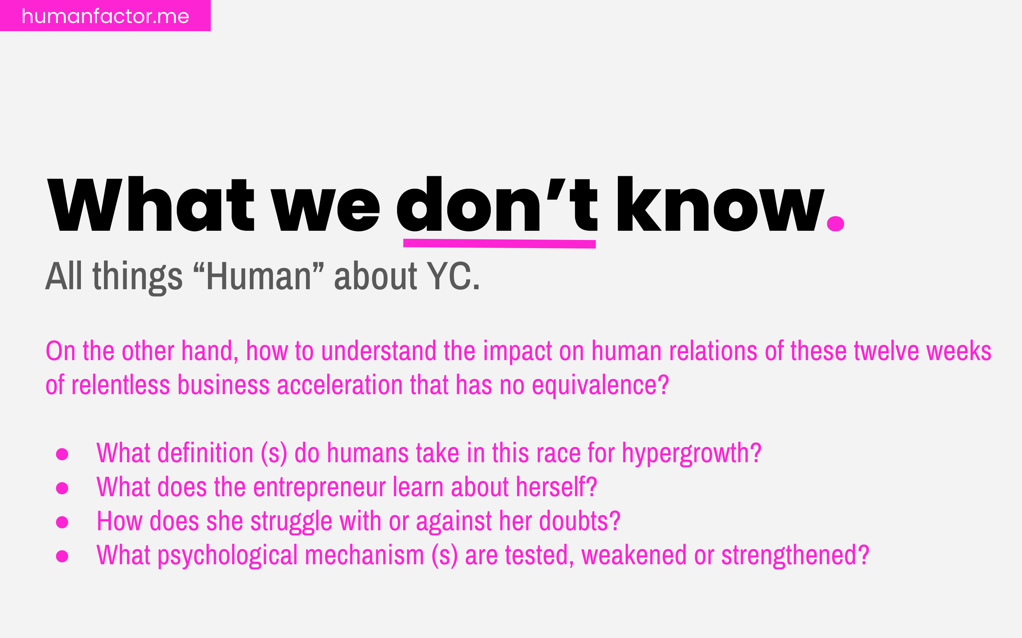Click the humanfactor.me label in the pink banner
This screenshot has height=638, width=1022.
click(105, 16)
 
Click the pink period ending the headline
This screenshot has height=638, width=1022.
click(835, 224)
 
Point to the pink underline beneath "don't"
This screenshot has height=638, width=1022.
click(499, 244)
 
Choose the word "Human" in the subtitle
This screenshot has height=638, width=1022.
click(258, 276)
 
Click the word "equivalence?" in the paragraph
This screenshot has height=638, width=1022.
click(600, 385)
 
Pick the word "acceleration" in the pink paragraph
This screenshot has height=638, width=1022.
click(340, 385)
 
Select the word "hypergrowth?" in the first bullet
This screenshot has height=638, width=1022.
click(691, 454)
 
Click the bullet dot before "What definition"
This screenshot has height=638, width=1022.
click(62, 454)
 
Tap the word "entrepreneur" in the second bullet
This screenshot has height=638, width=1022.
click(319, 487)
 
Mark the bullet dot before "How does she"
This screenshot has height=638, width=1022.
click(62, 522)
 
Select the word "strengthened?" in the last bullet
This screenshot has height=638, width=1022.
click(795, 555)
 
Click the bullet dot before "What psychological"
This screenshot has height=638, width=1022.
click(62, 556)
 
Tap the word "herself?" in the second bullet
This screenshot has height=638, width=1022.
click(556, 487)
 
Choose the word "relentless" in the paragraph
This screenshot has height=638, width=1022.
click(120, 385)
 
